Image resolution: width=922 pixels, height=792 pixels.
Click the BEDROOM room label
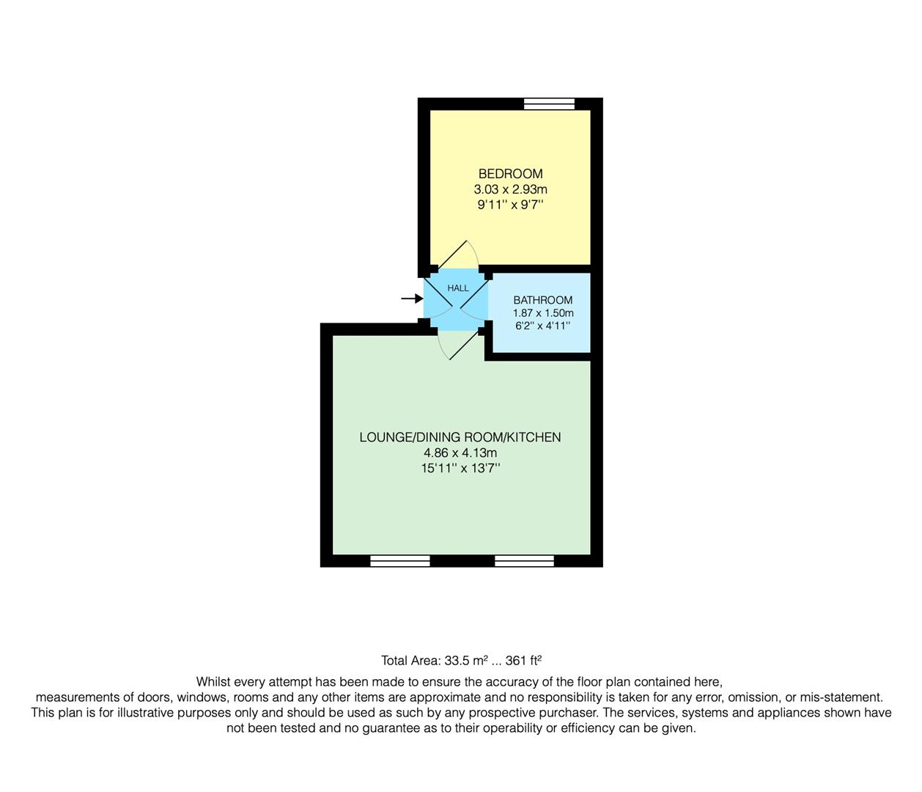[x=510, y=174]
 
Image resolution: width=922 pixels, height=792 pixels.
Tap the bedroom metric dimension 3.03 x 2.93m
[x=510, y=189]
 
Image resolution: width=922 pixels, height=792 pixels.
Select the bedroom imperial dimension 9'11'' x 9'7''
[x=510, y=205]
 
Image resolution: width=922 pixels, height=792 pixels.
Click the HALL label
[x=458, y=288]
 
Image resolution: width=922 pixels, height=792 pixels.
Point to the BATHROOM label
[x=542, y=300]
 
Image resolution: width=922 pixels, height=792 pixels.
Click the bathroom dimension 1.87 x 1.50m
[x=542, y=313]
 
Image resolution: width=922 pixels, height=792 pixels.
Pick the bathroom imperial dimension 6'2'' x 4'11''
[x=542, y=326]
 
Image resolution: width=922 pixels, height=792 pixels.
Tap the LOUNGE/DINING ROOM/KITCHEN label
[x=460, y=437]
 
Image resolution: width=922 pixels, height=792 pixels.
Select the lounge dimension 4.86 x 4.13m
[x=460, y=453]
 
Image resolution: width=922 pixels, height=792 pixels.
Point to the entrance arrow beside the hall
[x=411, y=298]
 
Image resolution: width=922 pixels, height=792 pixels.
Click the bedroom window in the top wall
[x=549, y=103]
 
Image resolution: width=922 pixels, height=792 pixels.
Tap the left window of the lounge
[x=399, y=561]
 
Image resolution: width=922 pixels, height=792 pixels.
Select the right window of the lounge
[x=524, y=561]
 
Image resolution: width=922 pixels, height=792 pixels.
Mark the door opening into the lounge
[x=459, y=345]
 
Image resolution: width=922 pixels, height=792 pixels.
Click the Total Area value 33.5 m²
[x=466, y=660]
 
